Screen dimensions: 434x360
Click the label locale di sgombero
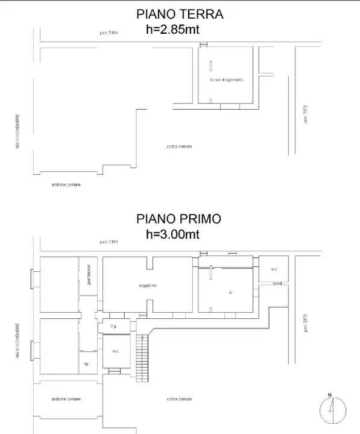[x=227, y=80]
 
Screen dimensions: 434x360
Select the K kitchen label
[x=231, y=293]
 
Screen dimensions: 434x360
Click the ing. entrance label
[x=113, y=326]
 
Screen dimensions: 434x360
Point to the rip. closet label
[x=87, y=365]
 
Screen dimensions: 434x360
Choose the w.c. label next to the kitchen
[x=274, y=269]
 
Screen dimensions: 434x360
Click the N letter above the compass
[x=330, y=395]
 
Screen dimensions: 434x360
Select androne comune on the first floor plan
[x=66, y=399]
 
